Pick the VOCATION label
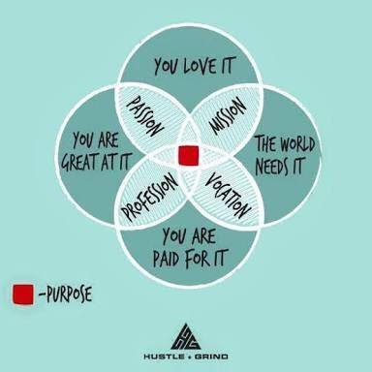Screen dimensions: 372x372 point(230,194)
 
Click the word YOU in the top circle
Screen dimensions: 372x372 point(168,65)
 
